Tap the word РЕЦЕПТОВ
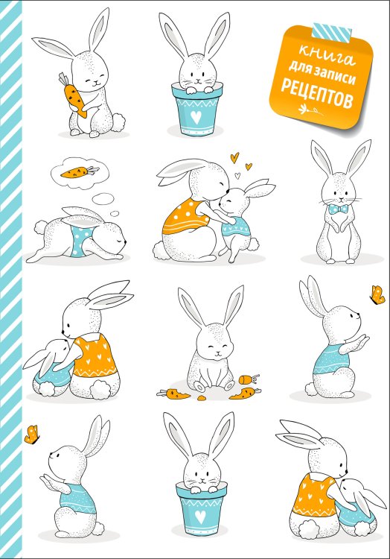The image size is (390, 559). [x=317, y=94]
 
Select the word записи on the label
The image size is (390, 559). [x=334, y=73]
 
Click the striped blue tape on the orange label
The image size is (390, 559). [x=332, y=31]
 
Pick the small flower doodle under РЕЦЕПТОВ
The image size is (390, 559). [x=310, y=110]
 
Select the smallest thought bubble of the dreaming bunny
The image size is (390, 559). [x=114, y=214]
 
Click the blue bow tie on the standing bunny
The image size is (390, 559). [x=338, y=209]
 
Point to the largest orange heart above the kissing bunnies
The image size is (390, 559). [x=234, y=157]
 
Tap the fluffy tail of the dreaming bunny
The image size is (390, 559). [x=41, y=227]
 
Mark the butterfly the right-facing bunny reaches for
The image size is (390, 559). [x=377, y=295]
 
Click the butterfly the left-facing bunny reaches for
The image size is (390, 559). [x=32, y=435]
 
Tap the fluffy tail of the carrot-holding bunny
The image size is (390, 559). [x=118, y=121]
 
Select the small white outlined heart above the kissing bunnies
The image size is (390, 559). [x=237, y=175]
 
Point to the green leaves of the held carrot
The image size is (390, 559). [x=63, y=78]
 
